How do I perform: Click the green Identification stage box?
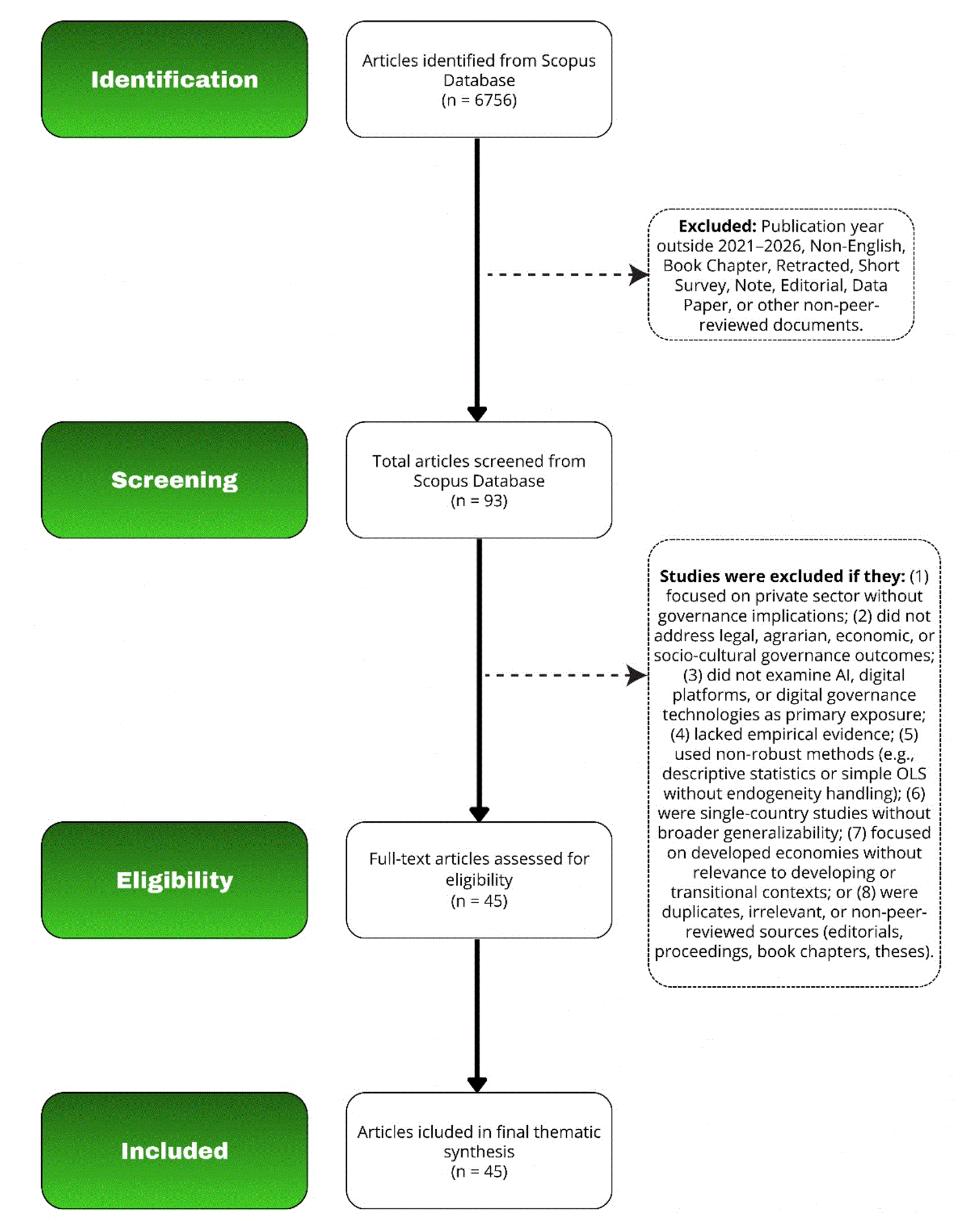coord(174,79)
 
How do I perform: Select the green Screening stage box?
coord(174,480)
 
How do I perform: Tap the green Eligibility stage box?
coord(174,880)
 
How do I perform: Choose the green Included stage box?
coord(174,1150)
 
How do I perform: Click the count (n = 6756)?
coord(479,100)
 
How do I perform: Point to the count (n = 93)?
coord(479,500)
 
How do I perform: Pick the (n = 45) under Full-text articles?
coord(479,901)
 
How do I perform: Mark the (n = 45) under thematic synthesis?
coord(479,1171)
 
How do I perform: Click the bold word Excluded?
coord(717,226)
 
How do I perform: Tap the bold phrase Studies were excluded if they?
coord(782,576)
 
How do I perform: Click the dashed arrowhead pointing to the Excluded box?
coord(639,275)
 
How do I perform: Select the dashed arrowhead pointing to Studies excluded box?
coord(637,675)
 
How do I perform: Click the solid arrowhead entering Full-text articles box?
coord(479,814)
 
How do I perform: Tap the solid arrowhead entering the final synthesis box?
coord(477,1085)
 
